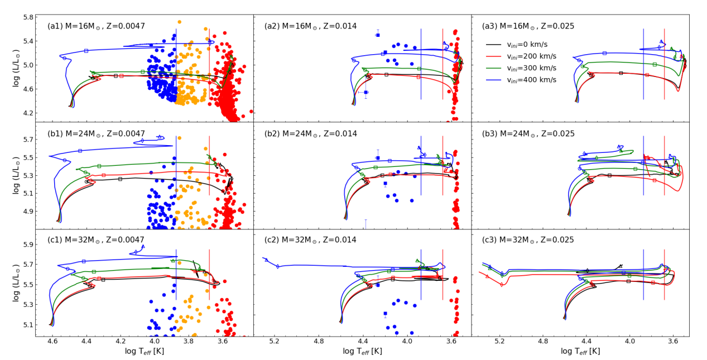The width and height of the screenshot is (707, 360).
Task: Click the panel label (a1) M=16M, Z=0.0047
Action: (96, 26)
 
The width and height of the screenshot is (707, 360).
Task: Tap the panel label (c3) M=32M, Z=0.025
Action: (528, 240)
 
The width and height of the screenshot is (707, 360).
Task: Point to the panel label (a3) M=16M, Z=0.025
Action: (528, 26)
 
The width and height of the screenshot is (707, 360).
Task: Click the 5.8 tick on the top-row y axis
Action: (27, 17)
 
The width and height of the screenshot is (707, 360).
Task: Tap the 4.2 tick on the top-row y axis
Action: (27, 113)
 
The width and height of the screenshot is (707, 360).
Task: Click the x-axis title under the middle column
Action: (362, 351)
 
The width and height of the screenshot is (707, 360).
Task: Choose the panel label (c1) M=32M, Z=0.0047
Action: (96, 240)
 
